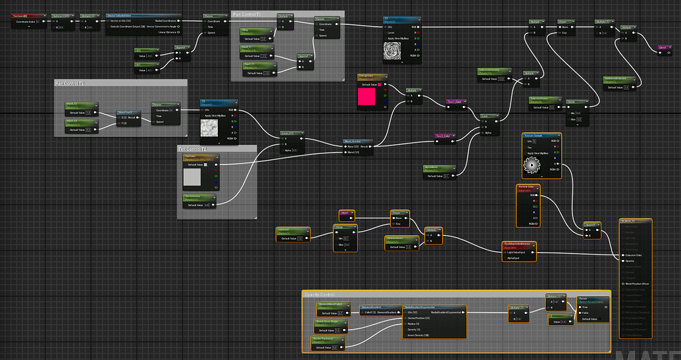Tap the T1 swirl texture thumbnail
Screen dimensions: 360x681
point(397,49)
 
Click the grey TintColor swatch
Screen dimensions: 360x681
point(193,176)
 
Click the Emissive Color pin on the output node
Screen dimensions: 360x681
point(622,255)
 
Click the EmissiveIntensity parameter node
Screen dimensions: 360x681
point(492,70)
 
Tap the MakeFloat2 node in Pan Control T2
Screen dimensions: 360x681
point(129,113)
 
